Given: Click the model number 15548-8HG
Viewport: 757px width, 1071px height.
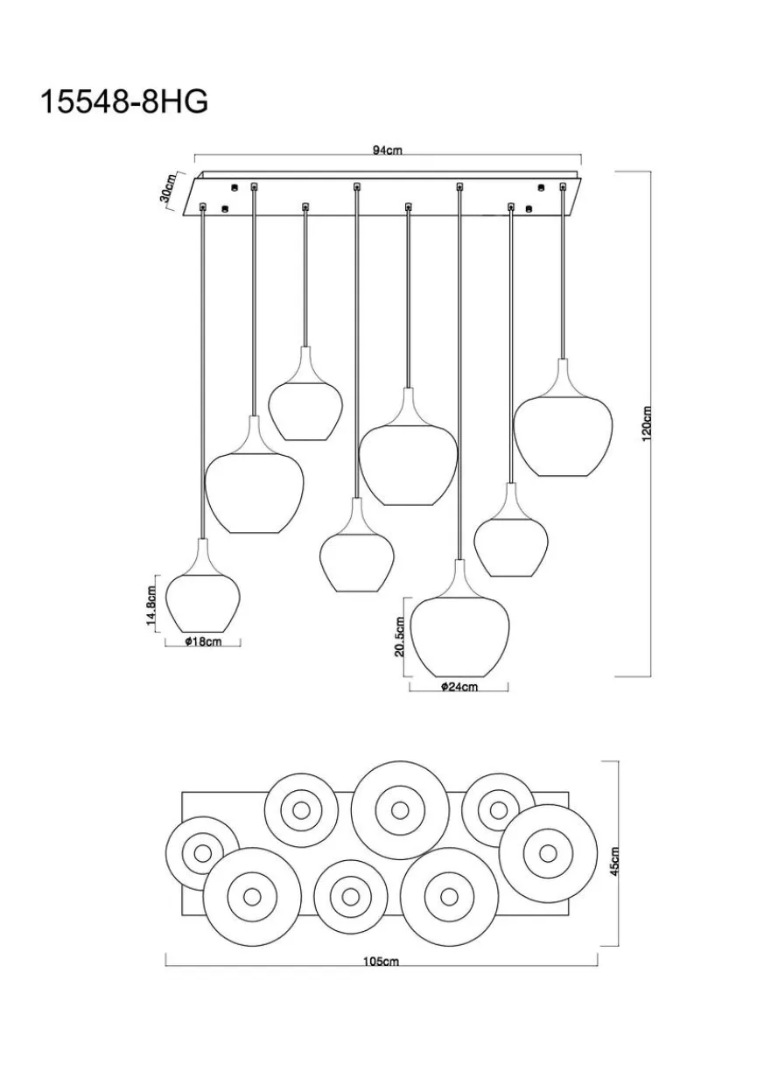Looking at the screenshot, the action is [125, 101].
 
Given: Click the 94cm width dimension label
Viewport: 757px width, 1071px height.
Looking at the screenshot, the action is [388, 150].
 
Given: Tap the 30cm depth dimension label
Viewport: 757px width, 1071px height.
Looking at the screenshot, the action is [168, 188].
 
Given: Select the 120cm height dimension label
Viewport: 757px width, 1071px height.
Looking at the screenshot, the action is [647, 424].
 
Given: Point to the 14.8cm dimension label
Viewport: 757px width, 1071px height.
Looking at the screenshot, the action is [151, 605].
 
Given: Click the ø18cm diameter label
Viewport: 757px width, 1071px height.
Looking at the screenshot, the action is [202, 641].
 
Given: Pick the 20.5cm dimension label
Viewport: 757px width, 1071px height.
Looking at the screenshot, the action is [400, 636].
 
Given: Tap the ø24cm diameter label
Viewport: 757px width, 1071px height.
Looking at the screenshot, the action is [459, 687].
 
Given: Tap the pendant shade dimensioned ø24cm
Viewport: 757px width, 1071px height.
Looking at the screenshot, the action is [459, 619].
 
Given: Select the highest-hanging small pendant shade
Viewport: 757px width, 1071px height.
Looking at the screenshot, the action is [305, 394].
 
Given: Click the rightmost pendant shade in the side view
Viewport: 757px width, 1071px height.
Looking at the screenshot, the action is [563, 417].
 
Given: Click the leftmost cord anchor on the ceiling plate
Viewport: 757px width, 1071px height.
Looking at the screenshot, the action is [203, 207].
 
